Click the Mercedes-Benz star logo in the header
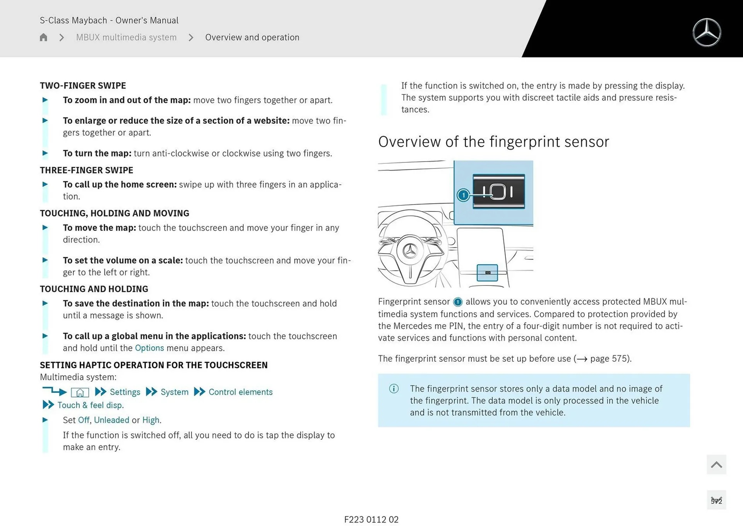[x=707, y=33]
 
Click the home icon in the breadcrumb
[x=43, y=37]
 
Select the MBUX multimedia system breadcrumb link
[x=126, y=37]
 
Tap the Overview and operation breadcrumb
[x=252, y=37]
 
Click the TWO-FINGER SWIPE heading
[x=83, y=86]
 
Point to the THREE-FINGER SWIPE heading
[x=86, y=170]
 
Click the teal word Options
[x=149, y=348]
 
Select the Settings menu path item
[x=125, y=392]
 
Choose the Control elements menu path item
[x=240, y=392]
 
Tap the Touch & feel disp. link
[x=90, y=405]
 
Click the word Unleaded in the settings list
[x=111, y=420]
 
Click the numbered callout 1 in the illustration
[x=463, y=195]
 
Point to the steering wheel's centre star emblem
[x=410, y=251]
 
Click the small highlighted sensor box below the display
[x=487, y=273]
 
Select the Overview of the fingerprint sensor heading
[x=493, y=142]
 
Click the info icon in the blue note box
[x=394, y=388]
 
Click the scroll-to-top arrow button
[x=716, y=464]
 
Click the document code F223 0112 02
[x=371, y=519]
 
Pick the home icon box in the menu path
[x=80, y=392]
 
